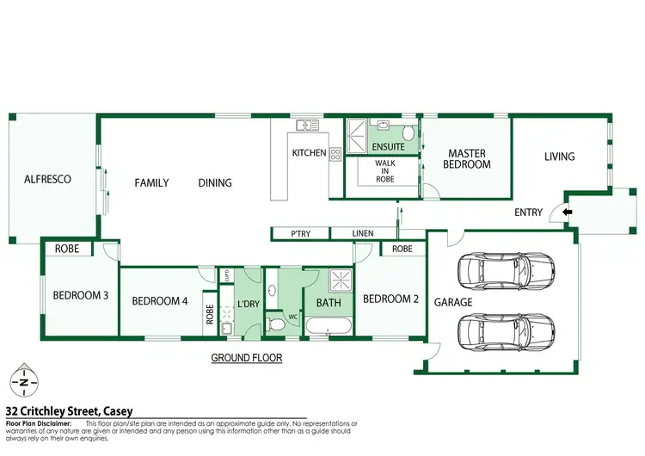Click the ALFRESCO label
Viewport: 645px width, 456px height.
coord(47,180)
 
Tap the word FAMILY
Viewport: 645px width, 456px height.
coord(151,182)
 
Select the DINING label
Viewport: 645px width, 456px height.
coord(215,182)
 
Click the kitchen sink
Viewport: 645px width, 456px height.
coord(308,126)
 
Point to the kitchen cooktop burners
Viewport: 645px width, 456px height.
coord(335,154)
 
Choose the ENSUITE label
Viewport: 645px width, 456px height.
coord(389,146)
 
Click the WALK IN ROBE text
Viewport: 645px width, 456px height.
coord(384,172)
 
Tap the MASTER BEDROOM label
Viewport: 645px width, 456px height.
coord(469,159)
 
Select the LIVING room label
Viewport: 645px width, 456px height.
coord(559,157)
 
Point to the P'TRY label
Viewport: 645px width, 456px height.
coord(300,233)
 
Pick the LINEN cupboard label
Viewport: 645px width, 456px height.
coord(364,233)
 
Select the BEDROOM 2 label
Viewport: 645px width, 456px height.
coord(390,299)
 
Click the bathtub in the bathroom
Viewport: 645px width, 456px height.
coord(328,327)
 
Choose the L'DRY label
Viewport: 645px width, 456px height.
coord(248,305)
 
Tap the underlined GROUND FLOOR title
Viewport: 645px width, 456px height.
coord(247,358)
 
